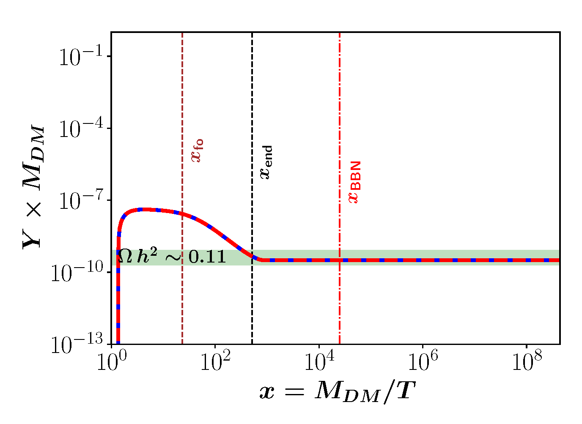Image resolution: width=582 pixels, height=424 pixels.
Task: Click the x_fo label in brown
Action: click(197, 150)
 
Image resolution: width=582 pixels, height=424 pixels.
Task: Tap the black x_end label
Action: click(266, 163)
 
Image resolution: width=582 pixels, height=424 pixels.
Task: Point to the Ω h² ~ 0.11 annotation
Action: click(171, 257)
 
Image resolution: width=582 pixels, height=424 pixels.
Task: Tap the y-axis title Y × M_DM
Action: click(34, 186)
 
